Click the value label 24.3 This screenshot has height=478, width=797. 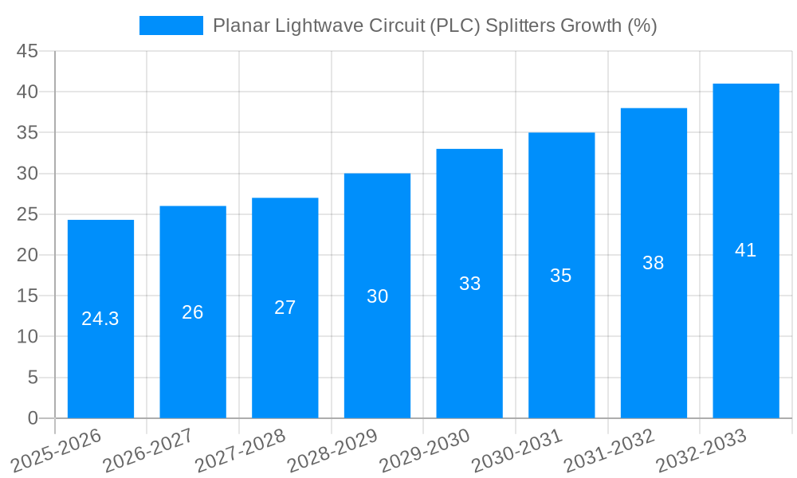pyautogui.click(x=100, y=319)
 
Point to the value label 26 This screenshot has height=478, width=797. pyautogui.click(x=193, y=312)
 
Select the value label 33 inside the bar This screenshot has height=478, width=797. pyautogui.click(x=469, y=284)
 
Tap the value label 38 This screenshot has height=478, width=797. pyautogui.click(x=654, y=263)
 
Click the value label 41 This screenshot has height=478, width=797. pyautogui.click(x=745, y=250)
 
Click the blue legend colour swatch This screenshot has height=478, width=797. pyautogui.click(x=171, y=25)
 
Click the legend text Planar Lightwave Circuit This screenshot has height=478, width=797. pyautogui.click(x=319, y=25)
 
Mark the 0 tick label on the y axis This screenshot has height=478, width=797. pyautogui.click(x=33, y=418)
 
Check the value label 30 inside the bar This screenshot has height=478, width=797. pyautogui.click(x=377, y=296)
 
